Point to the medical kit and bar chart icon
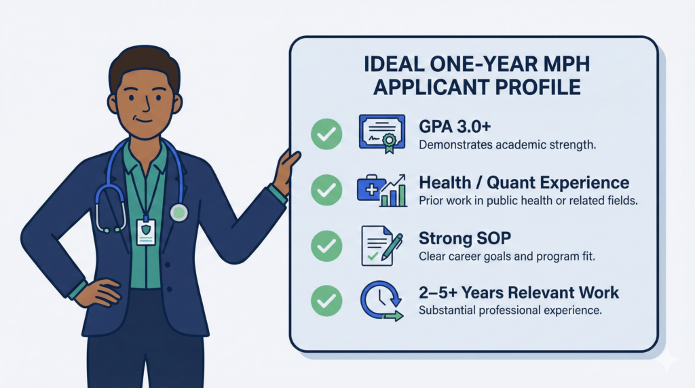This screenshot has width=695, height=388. (x=381, y=191)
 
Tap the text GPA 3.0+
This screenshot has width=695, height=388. (x=451, y=127)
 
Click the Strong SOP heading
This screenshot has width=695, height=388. (x=466, y=238)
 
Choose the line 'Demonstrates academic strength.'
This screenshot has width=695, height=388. (x=507, y=145)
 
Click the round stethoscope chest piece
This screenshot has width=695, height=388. (x=179, y=212)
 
